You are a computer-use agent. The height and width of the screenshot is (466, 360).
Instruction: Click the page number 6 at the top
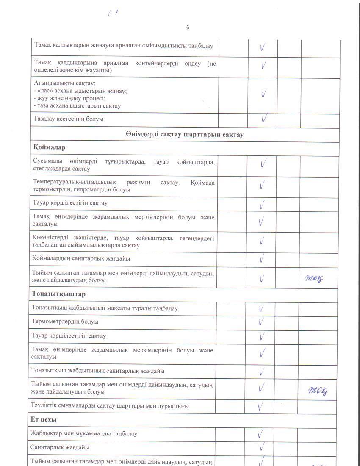[x=188, y=28]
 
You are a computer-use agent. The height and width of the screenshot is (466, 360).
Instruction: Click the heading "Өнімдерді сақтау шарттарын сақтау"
[x=184, y=135]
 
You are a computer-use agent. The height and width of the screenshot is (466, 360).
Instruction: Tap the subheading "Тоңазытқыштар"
[x=58, y=294]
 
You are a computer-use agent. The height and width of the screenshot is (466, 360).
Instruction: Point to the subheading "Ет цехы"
[x=44, y=419]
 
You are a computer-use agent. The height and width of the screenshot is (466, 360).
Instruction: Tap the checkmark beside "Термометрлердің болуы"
[x=262, y=322]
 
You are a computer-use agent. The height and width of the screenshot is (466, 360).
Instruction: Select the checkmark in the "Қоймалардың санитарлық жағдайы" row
[x=262, y=258]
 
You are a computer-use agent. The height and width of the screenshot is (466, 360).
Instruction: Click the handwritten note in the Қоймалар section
[x=315, y=278]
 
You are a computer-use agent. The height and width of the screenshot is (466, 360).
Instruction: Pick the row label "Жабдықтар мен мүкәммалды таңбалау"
[x=84, y=434]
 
